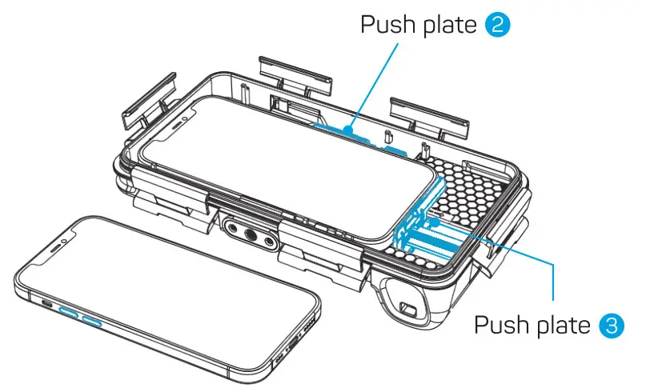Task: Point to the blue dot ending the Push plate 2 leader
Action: [x=349, y=129]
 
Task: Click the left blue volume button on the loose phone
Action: [x=69, y=314]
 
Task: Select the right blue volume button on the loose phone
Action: [x=92, y=322]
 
